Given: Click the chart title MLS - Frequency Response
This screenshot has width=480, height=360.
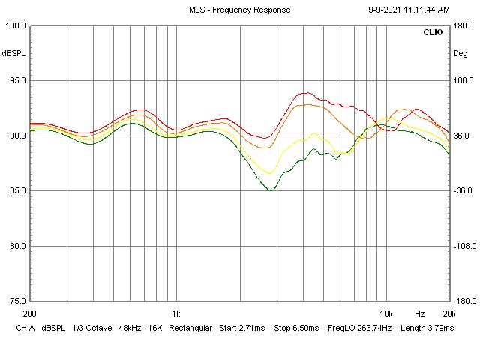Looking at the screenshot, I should click(239, 10).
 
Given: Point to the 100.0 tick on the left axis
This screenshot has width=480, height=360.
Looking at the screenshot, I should click(15, 25).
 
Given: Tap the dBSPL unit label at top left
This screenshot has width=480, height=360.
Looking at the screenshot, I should click(13, 54).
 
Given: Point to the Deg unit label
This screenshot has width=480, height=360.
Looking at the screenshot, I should click(460, 54).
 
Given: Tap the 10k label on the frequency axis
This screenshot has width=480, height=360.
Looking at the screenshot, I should click(386, 313).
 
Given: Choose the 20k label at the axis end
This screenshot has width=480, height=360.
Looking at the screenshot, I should click(448, 313).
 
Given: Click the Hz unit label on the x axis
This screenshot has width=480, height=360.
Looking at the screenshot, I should click(420, 313).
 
